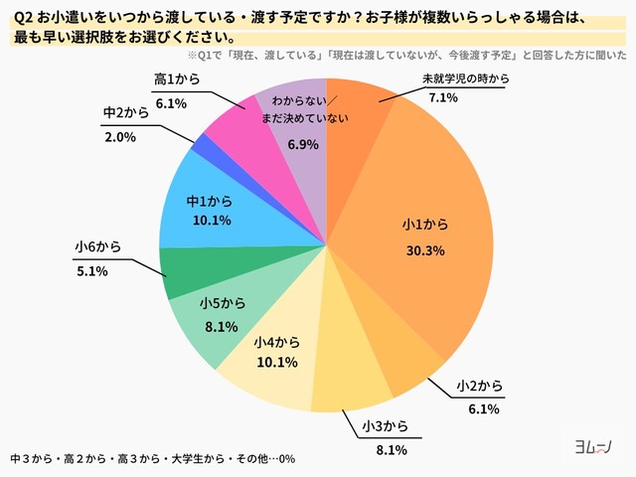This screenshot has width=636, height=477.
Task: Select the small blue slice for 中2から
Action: click(x=200, y=149)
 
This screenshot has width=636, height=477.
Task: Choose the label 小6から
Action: click(x=97, y=244)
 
